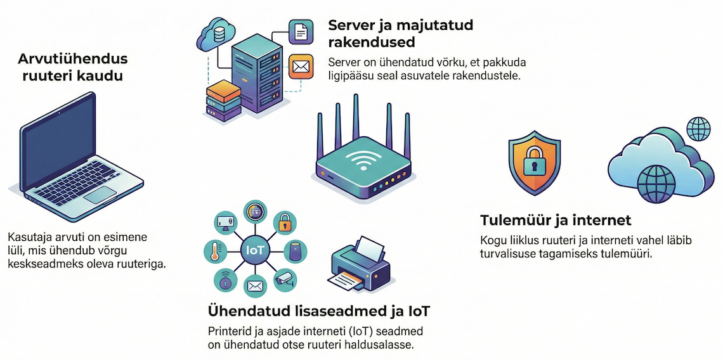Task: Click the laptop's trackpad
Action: pyautogui.click(x=100, y=195)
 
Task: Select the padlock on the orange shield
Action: pyautogui.click(x=535, y=160)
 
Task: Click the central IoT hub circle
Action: pyautogui.click(x=255, y=251)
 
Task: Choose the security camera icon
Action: pyautogui.click(x=285, y=280)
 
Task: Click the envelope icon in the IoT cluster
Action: pyautogui.click(x=254, y=286)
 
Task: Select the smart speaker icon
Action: pyautogui.click(x=295, y=252)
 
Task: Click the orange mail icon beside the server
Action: pyautogui.click(x=300, y=67)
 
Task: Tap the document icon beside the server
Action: pyautogui.click(x=300, y=31)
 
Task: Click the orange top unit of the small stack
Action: pyautogui.click(x=224, y=91)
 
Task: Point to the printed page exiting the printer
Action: pyautogui.click(x=346, y=280)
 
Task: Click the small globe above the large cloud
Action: pyautogui.click(x=699, y=129)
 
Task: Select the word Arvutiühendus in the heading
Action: pyautogui.click(x=73, y=59)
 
